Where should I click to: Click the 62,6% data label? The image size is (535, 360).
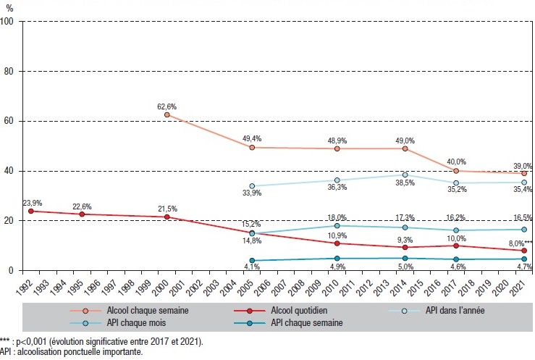[x=167, y=106]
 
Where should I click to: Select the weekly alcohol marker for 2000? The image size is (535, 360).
[x=167, y=114]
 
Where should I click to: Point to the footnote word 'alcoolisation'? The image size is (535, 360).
[x=41, y=352]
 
